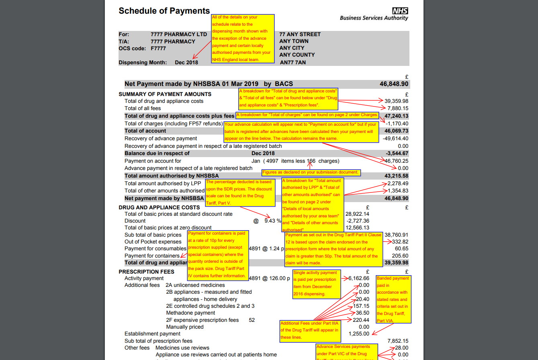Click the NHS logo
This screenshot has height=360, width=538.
tap(400, 11)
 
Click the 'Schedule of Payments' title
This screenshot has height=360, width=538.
tap(164, 11)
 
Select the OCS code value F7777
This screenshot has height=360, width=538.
tap(158, 48)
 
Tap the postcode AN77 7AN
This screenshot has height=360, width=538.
tap(293, 62)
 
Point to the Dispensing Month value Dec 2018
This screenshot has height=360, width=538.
tap(186, 62)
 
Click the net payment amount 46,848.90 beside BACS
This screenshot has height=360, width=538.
tap(394, 84)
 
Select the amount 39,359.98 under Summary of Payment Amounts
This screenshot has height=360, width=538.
tap(397, 101)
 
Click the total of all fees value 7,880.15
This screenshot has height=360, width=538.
tap(398, 108)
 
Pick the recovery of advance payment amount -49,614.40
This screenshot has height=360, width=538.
tap(395, 139)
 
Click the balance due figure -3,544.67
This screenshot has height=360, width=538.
tap(397, 153)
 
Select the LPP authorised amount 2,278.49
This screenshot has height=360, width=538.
tap(398, 184)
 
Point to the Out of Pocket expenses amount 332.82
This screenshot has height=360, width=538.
tap(400, 242)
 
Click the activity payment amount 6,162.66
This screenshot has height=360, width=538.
tap(358, 278)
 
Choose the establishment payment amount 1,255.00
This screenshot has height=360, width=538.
tap(359, 333)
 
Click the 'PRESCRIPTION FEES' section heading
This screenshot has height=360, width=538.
tap(146, 272)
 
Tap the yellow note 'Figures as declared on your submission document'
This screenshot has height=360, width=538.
tap(311, 172)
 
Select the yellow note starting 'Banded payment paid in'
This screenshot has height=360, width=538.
tap(393, 299)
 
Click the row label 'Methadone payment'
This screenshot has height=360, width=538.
tap(190, 313)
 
